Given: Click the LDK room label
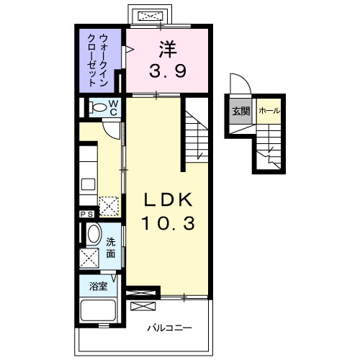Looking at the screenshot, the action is (x=168, y=199).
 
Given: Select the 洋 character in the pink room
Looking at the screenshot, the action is (x=168, y=49).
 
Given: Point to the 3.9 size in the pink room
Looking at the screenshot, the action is (x=168, y=71).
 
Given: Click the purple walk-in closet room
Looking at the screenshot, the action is (x=99, y=60).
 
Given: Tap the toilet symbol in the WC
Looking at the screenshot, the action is (x=98, y=107).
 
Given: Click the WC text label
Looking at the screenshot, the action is (x=114, y=108).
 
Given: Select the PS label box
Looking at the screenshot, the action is (x=87, y=214).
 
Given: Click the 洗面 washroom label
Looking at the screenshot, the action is (x=111, y=248).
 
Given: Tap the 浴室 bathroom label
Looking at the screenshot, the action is (x=99, y=286).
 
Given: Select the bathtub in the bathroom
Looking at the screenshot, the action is (x=99, y=310).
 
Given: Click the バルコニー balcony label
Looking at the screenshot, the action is (x=170, y=328).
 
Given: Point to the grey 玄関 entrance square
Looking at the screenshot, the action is (x=240, y=111).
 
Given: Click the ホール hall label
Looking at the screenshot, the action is (x=269, y=111).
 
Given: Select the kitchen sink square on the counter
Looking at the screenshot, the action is (x=88, y=184).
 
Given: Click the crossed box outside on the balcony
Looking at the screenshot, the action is (x=143, y=307).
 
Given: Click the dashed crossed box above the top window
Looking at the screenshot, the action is (x=150, y=17).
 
